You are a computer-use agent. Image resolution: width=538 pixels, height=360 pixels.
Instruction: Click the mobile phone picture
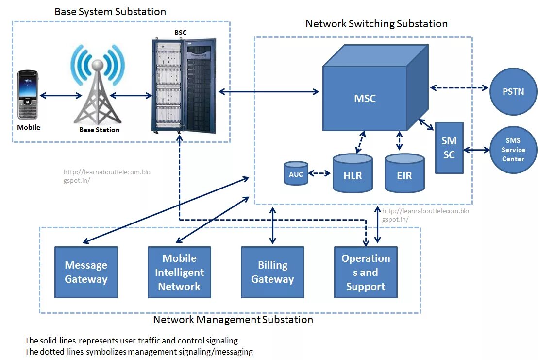click(x=28, y=95)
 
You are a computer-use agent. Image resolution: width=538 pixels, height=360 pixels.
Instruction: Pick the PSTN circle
click(x=513, y=91)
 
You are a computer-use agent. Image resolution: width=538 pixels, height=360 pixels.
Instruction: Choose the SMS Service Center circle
click(x=513, y=150)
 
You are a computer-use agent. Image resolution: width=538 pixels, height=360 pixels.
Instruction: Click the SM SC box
click(x=449, y=148)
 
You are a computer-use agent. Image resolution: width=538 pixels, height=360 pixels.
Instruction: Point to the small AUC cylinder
click(x=296, y=173)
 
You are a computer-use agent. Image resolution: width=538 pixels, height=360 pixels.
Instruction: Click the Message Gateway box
click(x=86, y=272)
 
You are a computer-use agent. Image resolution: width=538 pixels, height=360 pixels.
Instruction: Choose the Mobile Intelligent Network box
click(x=179, y=272)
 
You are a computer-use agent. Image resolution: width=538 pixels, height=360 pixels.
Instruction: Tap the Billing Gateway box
click(x=272, y=272)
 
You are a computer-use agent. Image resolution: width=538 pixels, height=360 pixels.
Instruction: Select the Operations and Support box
click(x=366, y=272)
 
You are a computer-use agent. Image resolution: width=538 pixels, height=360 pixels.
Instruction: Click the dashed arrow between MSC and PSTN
click(x=459, y=88)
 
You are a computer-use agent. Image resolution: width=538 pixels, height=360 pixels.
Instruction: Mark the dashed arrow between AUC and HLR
click(x=320, y=173)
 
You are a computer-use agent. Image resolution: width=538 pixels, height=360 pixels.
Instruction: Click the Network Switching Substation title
click(x=376, y=23)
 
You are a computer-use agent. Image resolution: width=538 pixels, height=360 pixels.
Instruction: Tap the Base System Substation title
click(x=110, y=12)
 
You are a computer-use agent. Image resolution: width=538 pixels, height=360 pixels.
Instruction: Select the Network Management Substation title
click(x=233, y=320)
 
